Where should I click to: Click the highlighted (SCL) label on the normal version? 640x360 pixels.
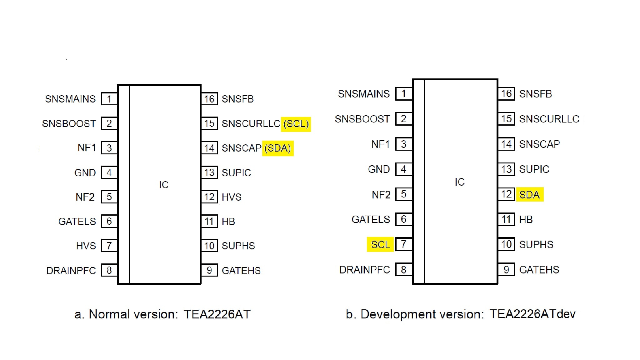296,124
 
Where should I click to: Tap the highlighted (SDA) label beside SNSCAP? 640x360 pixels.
277,148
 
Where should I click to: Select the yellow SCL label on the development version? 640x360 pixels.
380,244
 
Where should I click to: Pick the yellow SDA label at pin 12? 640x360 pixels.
529,195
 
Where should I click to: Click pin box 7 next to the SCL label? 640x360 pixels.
404,244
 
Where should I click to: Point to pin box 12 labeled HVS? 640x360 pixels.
209,197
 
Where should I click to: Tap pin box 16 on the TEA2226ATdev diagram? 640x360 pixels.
506,93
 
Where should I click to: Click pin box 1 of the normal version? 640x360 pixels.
109,99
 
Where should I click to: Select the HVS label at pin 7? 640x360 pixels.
86,246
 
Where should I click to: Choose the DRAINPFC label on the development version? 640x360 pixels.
364,270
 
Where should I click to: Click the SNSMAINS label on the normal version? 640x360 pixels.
70,99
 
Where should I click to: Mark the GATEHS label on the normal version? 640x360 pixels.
241,270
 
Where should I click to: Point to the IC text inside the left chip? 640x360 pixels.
164,185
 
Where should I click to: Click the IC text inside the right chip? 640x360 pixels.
459,182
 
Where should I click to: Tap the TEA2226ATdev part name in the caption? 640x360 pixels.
532,314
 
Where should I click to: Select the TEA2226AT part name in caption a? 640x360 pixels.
217,314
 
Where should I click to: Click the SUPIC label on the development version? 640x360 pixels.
534,169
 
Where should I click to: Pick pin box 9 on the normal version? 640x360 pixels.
209,270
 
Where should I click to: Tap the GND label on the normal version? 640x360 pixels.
85,173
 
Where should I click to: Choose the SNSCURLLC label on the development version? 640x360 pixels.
549,119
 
